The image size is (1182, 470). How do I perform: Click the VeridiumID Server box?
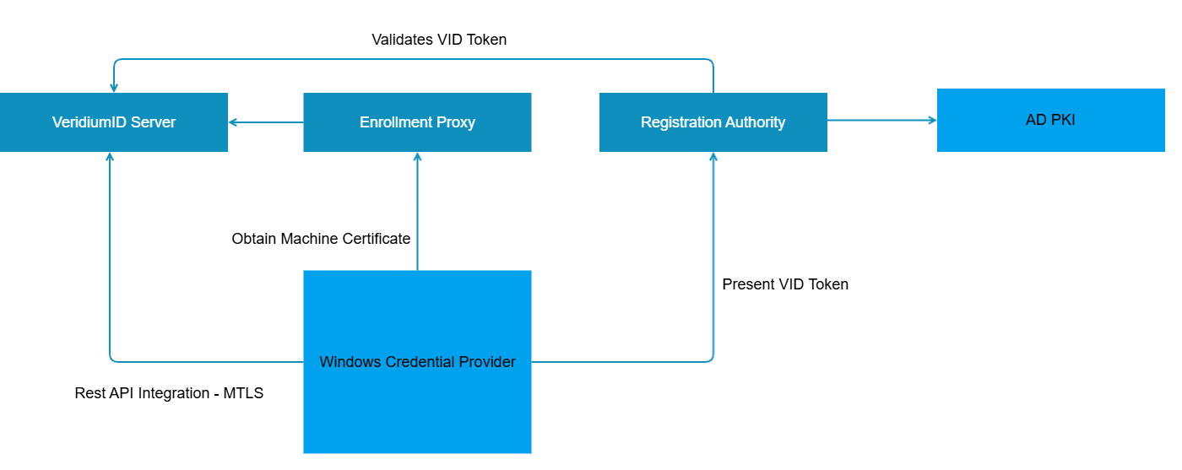coord(114,122)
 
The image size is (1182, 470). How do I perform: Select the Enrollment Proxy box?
coord(417,122)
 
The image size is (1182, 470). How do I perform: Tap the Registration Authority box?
coord(713,122)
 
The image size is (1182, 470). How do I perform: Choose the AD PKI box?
coord(1050,120)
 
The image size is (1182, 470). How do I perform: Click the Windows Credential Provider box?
coord(417,362)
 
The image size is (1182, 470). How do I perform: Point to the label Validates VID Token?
coord(439,40)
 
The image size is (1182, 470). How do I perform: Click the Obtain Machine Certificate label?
coord(321,239)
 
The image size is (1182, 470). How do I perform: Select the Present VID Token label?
coord(785,284)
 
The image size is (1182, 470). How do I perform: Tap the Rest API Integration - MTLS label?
coord(169,393)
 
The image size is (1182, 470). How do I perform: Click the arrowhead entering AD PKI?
coord(932,121)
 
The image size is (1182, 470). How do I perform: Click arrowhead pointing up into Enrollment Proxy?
coord(417,157)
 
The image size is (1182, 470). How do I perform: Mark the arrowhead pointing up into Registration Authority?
coord(713,157)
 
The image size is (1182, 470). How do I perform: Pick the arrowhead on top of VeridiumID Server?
coord(114,88)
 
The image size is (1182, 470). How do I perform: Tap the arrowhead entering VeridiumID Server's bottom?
coord(110,157)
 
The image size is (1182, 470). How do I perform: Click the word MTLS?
coord(243,393)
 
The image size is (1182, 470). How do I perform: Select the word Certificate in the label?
coord(376,239)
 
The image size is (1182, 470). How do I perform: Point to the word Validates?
coord(402,40)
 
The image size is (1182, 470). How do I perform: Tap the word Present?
coord(747,284)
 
